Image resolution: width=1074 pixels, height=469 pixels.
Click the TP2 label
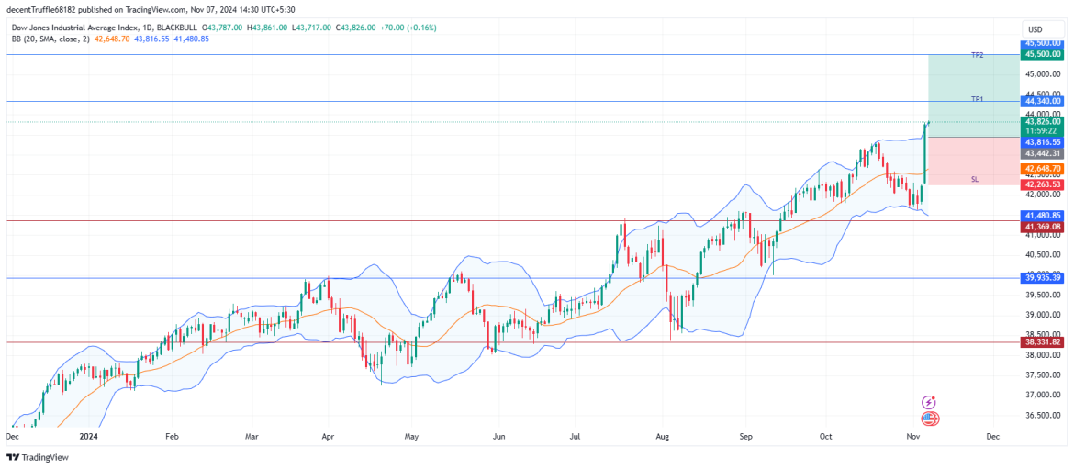pyautogui.click(x=978, y=56)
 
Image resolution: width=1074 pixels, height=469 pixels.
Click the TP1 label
pyautogui.click(x=978, y=99)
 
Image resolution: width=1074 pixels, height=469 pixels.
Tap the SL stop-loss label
pyautogui.click(x=974, y=180)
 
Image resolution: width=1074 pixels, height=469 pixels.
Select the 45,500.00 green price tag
pyautogui.click(x=1044, y=54)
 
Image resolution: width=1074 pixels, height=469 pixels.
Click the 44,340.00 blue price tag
pyautogui.click(x=1044, y=101)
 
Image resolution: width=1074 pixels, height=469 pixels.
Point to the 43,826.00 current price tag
pyautogui.click(x=1044, y=121)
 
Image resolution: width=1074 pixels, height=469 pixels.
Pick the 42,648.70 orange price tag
pyautogui.click(x=1044, y=169)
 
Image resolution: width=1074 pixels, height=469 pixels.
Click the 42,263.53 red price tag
pyautogui.click(x=1044, y=184)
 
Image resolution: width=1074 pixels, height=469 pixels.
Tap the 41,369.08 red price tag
pyautogui.click(x=1044, y=226)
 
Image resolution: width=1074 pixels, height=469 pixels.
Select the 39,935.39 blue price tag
pyautogui.click(x=1044, y=277)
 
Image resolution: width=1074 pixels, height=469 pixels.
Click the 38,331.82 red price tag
pyautogui.click(x=1044, y=341)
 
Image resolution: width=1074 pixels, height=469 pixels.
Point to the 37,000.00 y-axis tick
pyautogui.click(x=1044, y=395)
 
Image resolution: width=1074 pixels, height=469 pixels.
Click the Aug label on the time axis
pyautogui.click(x=663, y=438)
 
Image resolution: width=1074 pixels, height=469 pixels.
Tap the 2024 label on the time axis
pyautogui.click(x=88, y=438)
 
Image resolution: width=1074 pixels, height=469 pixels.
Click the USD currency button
pyautogui.click(x=1035, y=28)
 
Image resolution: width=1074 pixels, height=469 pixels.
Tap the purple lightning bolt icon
pyautogui.click(x=930, y=402)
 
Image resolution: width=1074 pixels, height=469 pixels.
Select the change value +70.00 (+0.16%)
pyautogui.click(x=406, y=28)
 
